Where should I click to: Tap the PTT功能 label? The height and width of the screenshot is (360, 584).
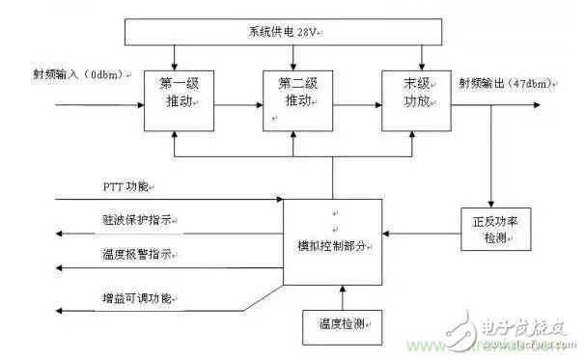point(127,183)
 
